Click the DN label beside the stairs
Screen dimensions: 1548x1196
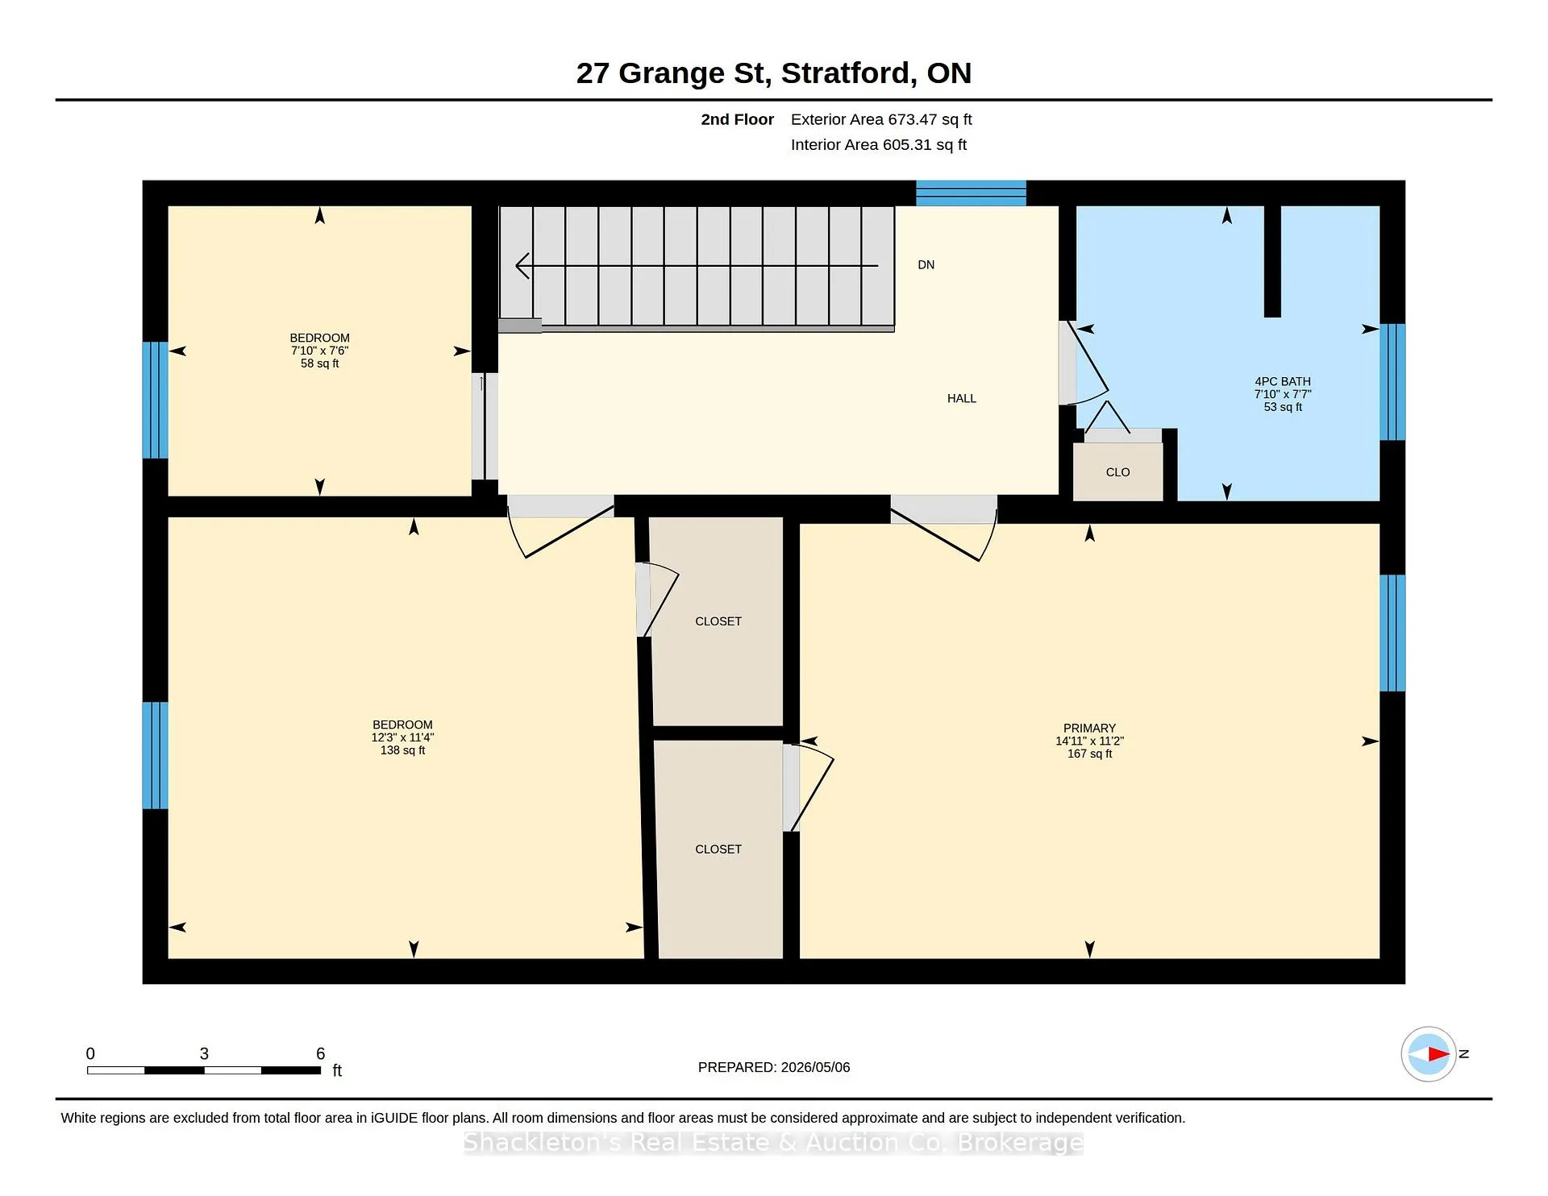coord(926,265)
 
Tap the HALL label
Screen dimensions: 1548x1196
coord(961,399)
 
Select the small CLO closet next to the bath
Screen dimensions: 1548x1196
coord(1117,471)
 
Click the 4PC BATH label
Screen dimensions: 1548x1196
coord(1283,382)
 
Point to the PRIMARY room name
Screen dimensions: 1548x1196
coord(1089,729)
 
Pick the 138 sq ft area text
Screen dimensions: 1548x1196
coord(402,750)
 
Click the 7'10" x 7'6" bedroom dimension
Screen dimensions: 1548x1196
coord(320,351)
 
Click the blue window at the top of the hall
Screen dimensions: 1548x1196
coord(971,193)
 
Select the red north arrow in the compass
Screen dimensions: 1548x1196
coord(1438,1053)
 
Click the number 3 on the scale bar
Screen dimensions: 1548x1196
coord(204,1053)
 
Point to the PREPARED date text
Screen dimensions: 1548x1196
coord(774,1067)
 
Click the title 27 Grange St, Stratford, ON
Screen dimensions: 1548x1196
coord(774,73)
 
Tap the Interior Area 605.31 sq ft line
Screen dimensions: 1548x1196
coord(879,145)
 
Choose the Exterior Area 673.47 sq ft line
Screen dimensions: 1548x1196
coord(881,119)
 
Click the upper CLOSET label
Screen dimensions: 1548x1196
coord(718,621)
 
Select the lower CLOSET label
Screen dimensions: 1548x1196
coord(718,849)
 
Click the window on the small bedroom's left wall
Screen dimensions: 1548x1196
coord(155,401)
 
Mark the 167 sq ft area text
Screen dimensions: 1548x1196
coord(1089,754)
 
